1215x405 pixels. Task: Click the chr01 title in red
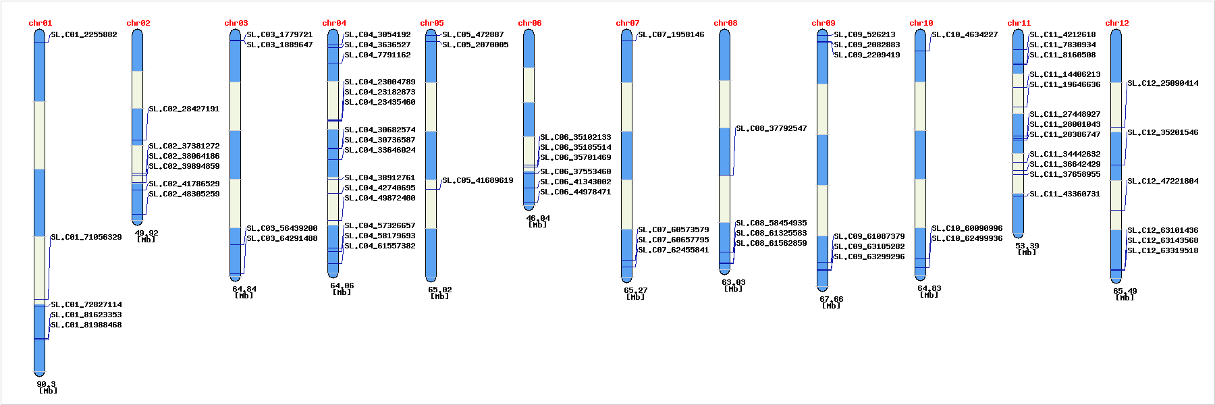click(x=40, y=23)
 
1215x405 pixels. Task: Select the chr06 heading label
click(x=529, y=23)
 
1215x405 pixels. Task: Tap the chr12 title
click(x=1116, y=23)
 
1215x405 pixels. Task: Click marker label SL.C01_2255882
click(x=84, y=34)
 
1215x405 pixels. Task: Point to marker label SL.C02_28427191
click(x=184, y=109)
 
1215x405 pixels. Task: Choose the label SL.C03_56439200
click(x=281, y=228)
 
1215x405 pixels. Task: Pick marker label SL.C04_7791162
click(x=377, y=55)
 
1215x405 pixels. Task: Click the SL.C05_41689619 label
click(x=477, y=180)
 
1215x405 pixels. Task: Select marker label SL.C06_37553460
click(x=575, y=171)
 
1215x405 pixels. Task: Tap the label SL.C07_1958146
click(x=671, y=34)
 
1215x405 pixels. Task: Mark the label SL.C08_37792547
click(x=771, y=128)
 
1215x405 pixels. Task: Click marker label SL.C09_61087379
click(x=869, y=236)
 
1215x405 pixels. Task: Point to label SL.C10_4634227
click(x=965, y=34)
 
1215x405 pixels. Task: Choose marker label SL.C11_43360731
click(x=1064, y=194)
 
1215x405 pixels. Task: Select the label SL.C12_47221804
click(x=1162, y=181)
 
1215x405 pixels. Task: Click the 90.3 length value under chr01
click(x=46, y=384)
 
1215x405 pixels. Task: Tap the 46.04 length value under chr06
click(x=538, y=218)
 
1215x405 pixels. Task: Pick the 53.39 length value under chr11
click(x=1027, y=246)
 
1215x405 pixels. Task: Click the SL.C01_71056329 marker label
click(x=86, y=237)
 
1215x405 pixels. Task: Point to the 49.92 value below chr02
click(x=146, y=233)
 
